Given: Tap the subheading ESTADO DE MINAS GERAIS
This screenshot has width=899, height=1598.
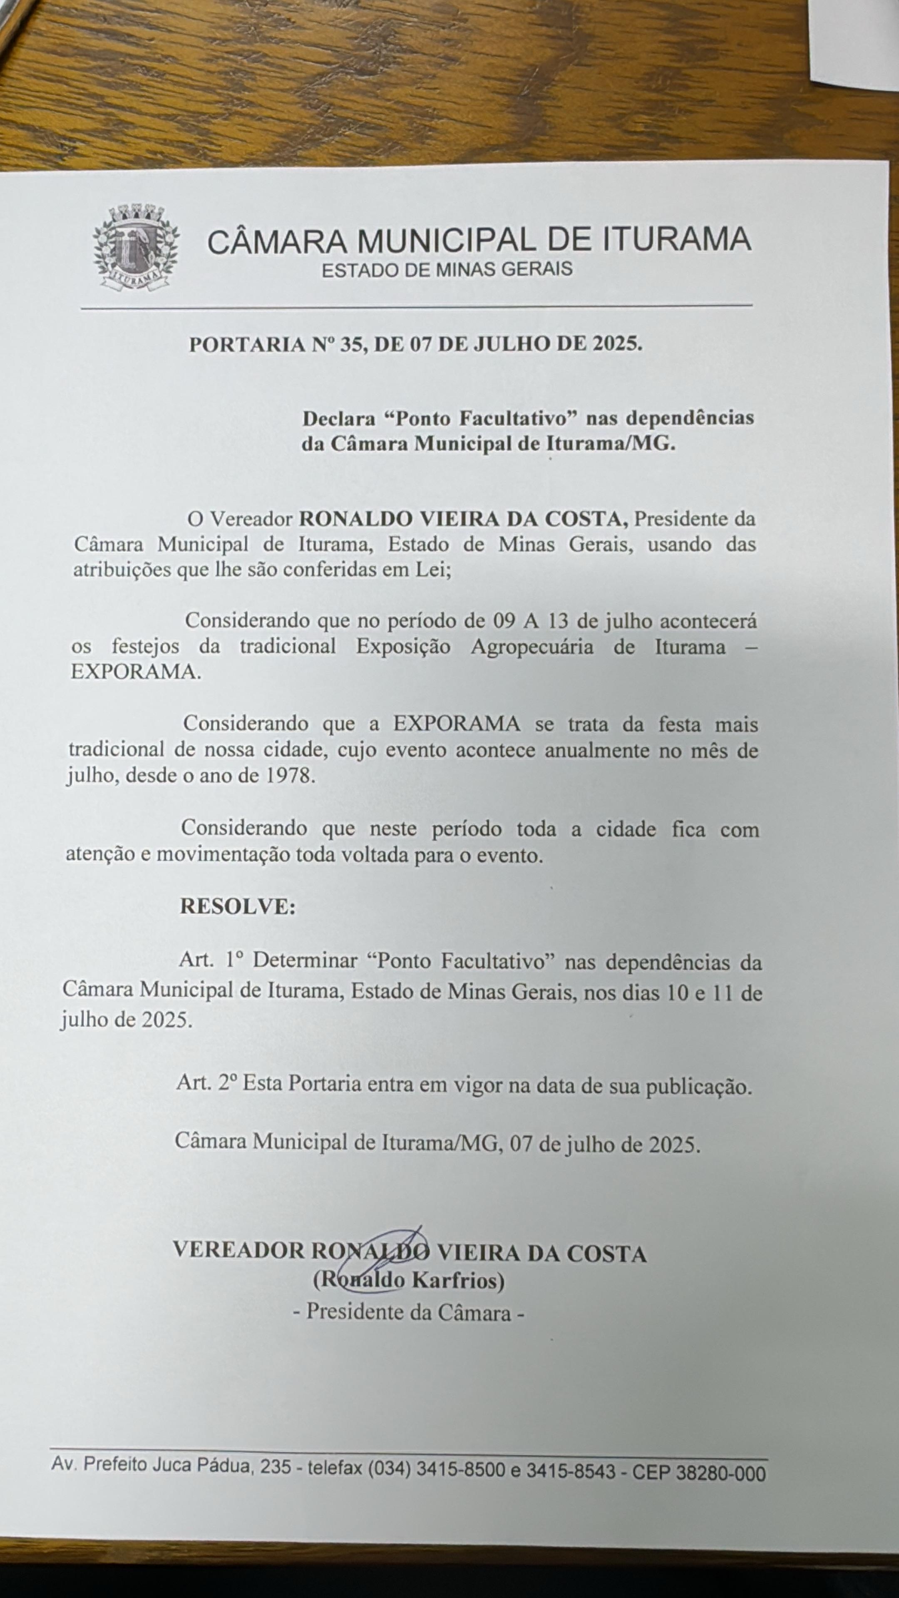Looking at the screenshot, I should [x=447, y=269].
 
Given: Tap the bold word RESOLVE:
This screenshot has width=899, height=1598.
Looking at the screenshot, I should [x=238, y=906].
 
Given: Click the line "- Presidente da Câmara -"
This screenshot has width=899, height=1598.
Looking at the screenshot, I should [x=409, y=1311].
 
